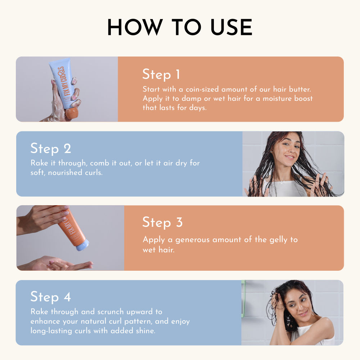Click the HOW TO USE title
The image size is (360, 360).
pyautogui.click(x=180, y=27)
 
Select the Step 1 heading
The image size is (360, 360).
pyautogui.click(x=161, y=75)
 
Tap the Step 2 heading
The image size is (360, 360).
pyautogui.click(x=51, y=149)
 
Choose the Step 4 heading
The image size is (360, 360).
pyautogui.click(x=50, y=297)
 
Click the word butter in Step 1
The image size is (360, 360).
pyautogui.click(x=300, y=89)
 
